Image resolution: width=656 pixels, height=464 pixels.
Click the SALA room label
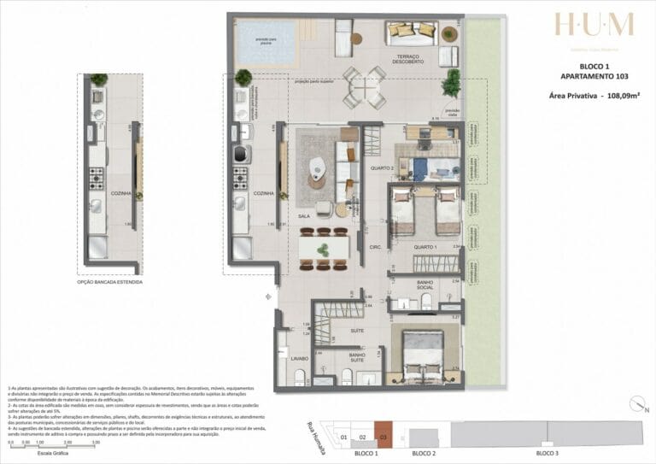(303, 216)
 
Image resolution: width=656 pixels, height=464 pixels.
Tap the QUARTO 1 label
(425, 248)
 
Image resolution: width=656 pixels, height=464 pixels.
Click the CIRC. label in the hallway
(374, 248)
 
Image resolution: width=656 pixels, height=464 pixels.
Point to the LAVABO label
(298, 358)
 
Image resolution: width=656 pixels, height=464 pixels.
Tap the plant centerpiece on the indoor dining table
(323, 250)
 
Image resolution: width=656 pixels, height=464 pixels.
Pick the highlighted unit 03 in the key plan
(384, 437)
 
